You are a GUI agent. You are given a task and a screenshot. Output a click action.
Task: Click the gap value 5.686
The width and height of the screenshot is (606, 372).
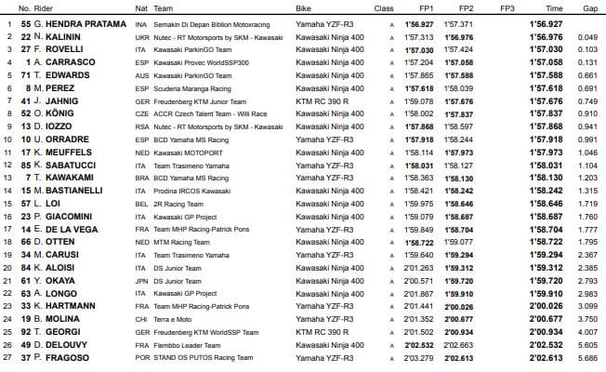[586, 356]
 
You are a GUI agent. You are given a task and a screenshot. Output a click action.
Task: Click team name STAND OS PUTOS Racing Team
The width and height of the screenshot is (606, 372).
[217, 356]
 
